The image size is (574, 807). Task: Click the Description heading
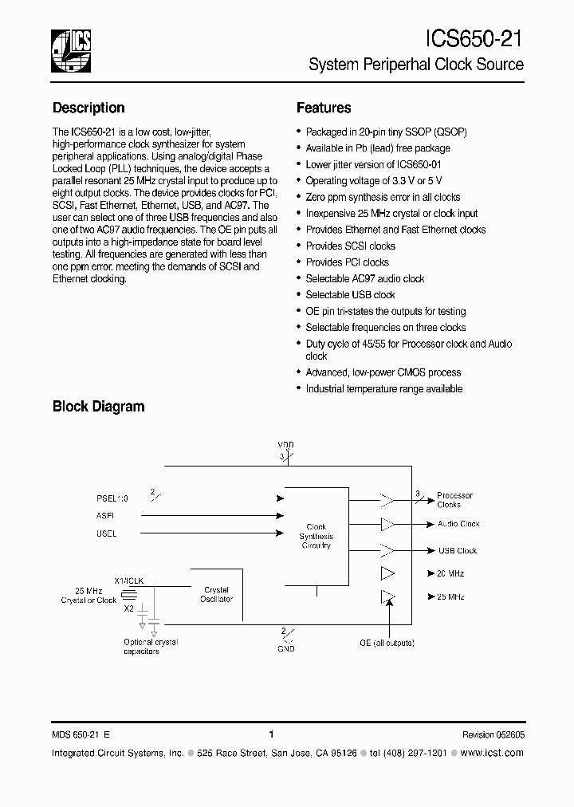tap(88, 108)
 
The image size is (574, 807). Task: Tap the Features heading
tap(324, 108)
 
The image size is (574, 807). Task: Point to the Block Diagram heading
tap(98, 407)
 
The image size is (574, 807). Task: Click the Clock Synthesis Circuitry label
tap(316, 536)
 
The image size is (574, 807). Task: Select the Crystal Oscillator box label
tap(216, 595)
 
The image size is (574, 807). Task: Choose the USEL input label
tap(106, 533)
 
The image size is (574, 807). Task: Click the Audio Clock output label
tap(458, 524)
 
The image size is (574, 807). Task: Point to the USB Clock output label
tap(457, 550)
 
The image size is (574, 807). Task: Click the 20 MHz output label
tap(450, 573)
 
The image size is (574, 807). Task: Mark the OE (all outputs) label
tap(387, 643)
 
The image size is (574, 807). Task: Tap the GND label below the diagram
tap(286, 648)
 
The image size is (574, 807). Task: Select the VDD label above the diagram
tap(285, 444)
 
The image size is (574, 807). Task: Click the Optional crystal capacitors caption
tap(151, 647)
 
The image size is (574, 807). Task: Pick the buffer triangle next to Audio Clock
tap(387, 524)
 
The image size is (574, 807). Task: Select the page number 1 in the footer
tap(272, 735)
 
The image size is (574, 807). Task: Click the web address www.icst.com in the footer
tap(492, 753)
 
